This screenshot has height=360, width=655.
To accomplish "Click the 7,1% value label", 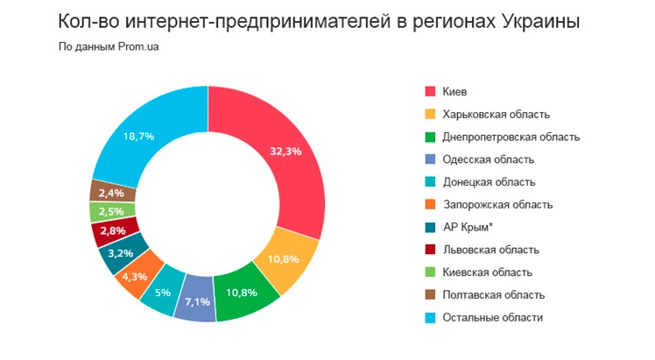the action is [x=198, y=301].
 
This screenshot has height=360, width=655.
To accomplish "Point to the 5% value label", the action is [x=163, y=293].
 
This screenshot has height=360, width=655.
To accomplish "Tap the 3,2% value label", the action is [x=120, y=253].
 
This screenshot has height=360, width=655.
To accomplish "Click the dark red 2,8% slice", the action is [x=114, y=231].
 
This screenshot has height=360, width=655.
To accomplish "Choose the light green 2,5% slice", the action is [x=111, y=212].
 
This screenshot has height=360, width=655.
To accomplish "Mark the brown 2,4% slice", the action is [x=112, y=192].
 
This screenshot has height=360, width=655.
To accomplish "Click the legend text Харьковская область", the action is [x=496, y=115].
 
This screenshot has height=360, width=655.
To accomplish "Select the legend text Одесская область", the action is [x=489, y=159].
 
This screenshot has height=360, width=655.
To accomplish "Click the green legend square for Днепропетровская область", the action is [x=430, y=137].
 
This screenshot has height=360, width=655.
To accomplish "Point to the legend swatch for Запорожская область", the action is [x=430, y=205].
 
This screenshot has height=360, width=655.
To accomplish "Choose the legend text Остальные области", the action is [x=492, y=317].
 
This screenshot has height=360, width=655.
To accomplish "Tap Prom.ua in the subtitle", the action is [x=138, y=46].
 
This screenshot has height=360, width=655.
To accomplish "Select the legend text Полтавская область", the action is [x=494, y=295].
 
